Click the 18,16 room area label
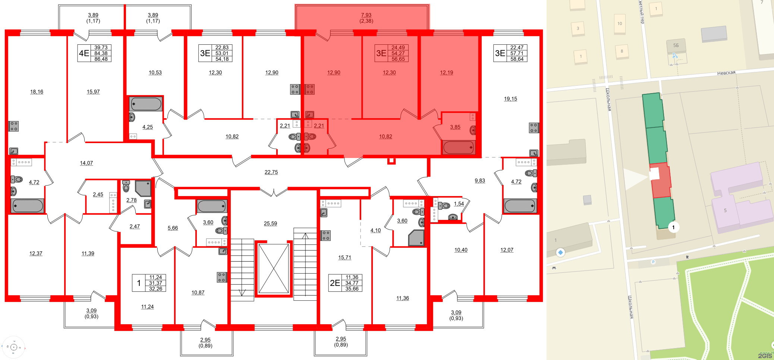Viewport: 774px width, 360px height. [37, 92]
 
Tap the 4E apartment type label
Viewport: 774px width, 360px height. [84, 53]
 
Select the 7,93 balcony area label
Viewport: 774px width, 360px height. [366, 15]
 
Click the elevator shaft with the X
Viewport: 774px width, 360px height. [274, 268]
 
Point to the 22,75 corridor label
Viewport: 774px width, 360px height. [271, 172]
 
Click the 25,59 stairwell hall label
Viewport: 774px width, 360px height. [270, 224]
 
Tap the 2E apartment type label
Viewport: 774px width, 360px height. [335, 283]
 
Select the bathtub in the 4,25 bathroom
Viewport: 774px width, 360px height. [145, 104]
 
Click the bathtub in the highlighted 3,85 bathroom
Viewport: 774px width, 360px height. [459, 148]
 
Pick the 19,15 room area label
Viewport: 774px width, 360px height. [510, 99]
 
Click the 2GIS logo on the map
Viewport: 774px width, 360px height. [765, 356]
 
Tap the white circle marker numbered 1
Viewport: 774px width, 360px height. [673, 227]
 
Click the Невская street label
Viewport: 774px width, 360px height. [726, 73]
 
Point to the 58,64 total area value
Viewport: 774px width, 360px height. [517, 59]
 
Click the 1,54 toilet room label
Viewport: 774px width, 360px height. [459, 204]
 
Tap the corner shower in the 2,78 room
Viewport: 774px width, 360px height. [143, 188]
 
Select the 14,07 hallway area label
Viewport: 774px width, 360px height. [86, 163]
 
